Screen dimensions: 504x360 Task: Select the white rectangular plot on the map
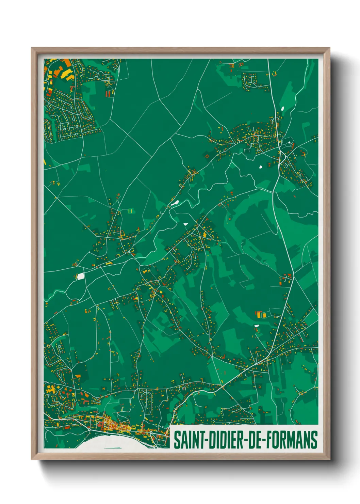coord(81,277)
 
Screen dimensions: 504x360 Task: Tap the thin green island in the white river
coord(112,448)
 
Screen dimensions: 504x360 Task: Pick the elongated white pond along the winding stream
coord(175,203)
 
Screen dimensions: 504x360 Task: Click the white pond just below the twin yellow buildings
coord(257,326)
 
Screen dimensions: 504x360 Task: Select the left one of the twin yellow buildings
coord(259,315)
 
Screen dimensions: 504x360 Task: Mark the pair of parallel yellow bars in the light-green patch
coord(130,211)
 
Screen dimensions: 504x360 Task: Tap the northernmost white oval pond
coord(282,109)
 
